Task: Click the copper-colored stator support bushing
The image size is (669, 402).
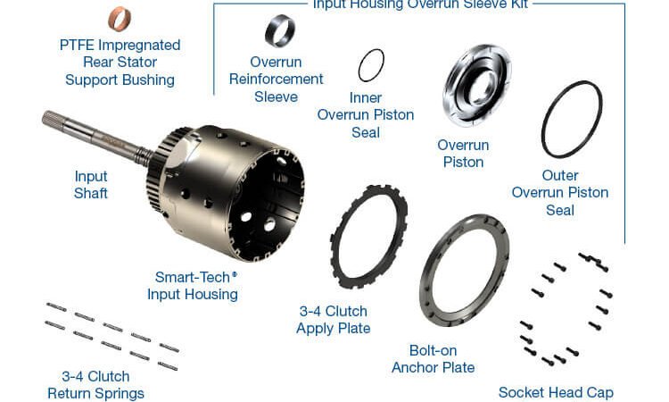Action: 120,19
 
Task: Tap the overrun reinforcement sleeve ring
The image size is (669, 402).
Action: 279,31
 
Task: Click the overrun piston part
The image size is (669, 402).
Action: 477,84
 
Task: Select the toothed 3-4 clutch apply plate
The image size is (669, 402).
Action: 368,238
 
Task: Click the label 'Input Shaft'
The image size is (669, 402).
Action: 91,185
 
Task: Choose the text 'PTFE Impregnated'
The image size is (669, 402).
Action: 120,45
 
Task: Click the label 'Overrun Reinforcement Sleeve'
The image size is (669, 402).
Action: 276,80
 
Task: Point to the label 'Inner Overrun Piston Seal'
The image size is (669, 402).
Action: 366,115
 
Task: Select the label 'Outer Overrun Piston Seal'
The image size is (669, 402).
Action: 560,192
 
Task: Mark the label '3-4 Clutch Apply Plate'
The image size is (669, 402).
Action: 334,320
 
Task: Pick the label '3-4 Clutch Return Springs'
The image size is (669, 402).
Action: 95,385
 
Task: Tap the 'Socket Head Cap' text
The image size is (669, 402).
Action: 556,392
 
